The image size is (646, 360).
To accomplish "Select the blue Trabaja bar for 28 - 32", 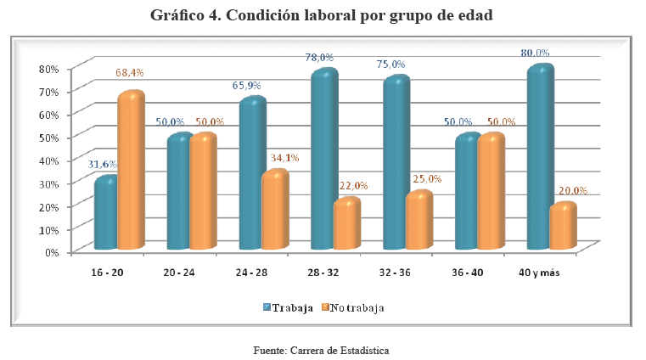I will coord(323,161).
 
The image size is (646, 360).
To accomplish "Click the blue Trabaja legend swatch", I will coord(266,307).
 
